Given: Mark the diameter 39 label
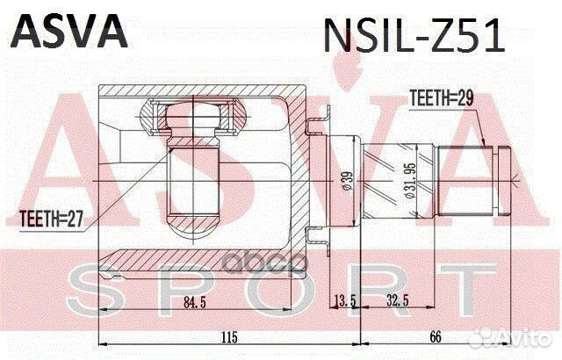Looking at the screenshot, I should [x=347, y=181].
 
